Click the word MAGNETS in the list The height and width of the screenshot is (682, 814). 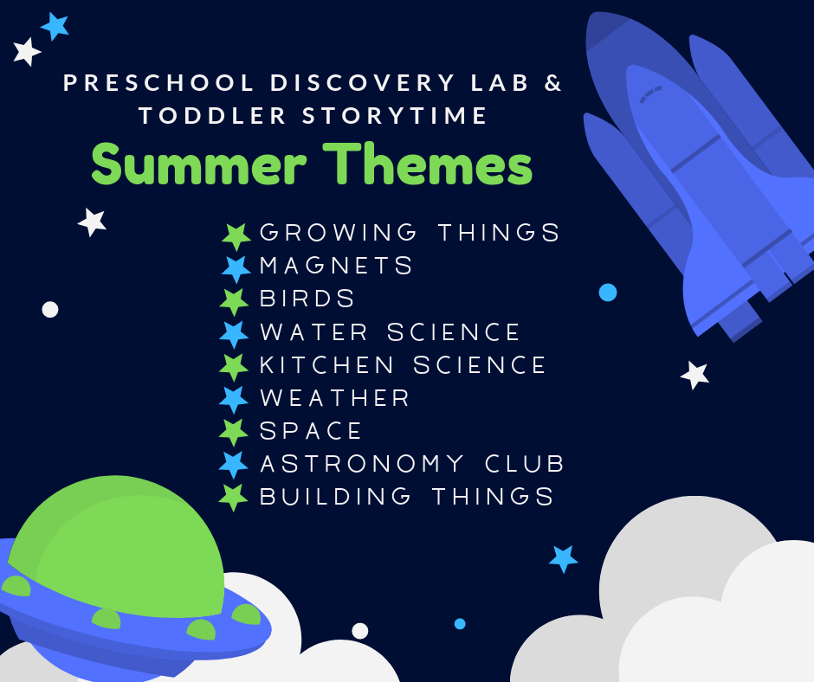click(336, 266)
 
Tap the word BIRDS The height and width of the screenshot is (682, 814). click(307, 299)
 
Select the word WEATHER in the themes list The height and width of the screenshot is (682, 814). click(335, 398)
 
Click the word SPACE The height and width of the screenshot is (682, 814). click(310, 431)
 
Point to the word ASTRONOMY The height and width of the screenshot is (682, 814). click(362, 464)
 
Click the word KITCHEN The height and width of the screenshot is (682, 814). click(326, 365)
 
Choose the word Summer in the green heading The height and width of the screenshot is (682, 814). click(199, 164)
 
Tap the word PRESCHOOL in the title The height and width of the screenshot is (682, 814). click(158, 83)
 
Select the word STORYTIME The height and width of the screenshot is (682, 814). click(395, 115)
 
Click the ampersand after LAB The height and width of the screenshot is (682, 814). click(553, 83)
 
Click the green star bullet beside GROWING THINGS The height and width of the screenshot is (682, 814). click(236, 236)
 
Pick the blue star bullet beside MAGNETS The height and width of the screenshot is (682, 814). click(236, 269)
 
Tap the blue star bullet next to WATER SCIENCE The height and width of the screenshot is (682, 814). click(234, 334)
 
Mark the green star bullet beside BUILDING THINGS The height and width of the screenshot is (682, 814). click(233, 498)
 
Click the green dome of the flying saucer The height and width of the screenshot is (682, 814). click(117, 545)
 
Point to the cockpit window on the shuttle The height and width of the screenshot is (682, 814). click(650, 95)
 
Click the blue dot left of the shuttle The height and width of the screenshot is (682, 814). click(608, 293)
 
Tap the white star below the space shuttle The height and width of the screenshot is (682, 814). click(694, 375)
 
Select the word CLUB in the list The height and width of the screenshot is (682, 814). click(524, 464)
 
